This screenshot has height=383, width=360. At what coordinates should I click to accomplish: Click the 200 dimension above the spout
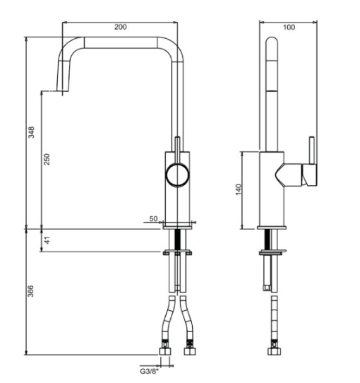pos(121,26)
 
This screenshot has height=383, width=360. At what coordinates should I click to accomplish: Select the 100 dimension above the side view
pos(288,26)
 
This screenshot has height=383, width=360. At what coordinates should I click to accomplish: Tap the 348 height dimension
pos(31,133)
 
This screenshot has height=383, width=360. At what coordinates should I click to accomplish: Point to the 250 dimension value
pos(47,160)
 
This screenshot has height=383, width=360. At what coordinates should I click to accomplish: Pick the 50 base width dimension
pos(153,219)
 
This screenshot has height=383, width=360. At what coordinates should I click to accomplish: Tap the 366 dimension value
pos(31,291)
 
